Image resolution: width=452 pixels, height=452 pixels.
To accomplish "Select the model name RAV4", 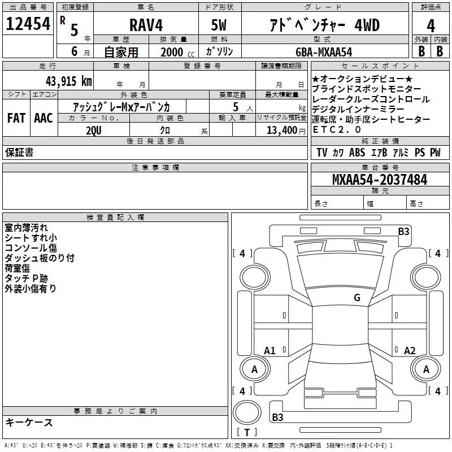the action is coord(145,25).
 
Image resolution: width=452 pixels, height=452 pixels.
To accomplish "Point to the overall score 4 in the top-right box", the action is coord(431,26).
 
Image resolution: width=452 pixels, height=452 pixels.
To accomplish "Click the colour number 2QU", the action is coord(94,131).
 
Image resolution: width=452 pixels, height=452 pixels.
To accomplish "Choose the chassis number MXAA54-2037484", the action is coord(380,180).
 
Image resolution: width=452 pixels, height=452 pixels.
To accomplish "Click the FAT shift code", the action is coord(16,118).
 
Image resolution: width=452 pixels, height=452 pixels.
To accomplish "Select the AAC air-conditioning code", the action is coord(43,118).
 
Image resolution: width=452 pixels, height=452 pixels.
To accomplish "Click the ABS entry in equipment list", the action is coord(357,153).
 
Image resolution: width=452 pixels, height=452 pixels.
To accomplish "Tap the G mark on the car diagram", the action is coord(357,298).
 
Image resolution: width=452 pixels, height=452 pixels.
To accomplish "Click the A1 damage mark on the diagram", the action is coord(270,351).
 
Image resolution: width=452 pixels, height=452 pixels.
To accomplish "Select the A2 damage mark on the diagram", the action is coord(410,351).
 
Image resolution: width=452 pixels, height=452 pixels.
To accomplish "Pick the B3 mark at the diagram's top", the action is coord(403,231).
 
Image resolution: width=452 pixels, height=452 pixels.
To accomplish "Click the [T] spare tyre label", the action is coord(246,433).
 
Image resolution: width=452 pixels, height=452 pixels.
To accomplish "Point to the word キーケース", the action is coord(29,422).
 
